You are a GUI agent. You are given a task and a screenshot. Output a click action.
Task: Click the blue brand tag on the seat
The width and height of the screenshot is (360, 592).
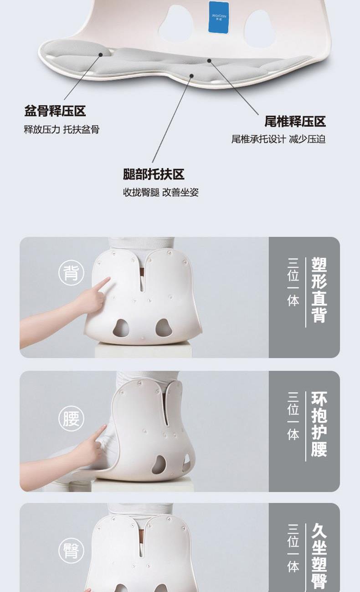tap(218, 17)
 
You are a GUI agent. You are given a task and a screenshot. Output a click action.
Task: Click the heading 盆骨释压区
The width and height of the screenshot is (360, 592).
tap(55, 111)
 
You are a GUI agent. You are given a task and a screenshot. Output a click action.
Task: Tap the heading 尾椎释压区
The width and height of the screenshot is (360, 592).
tap(295, 121)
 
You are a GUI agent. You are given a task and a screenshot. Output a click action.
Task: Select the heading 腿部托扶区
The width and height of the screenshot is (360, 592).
tap(154, 174)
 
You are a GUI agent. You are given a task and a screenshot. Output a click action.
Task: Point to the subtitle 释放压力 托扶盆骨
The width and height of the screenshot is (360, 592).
tap(62, 129)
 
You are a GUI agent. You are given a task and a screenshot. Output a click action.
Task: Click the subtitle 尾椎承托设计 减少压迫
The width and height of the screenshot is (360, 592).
tap(278, 139)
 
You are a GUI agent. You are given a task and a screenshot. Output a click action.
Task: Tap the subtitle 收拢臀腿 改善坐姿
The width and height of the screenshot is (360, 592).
tap(161, 192)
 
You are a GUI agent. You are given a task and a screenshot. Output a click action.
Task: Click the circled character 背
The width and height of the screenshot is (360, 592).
tap(71, 273)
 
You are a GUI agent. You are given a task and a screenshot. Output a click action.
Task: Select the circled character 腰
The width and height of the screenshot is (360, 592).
tap(71, 419)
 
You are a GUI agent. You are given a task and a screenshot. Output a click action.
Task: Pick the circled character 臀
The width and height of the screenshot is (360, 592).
tap(71, 551)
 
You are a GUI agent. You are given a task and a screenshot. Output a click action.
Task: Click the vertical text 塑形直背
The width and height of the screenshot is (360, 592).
tap(319, 290)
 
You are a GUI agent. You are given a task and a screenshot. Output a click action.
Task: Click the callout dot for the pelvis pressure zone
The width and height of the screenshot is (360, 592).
tap(101, 55)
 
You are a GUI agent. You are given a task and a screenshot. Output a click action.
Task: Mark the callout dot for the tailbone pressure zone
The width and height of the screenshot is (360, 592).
tap(209, 61)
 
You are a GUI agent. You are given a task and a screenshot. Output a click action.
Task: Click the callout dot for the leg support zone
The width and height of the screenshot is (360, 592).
tap(192, 76)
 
